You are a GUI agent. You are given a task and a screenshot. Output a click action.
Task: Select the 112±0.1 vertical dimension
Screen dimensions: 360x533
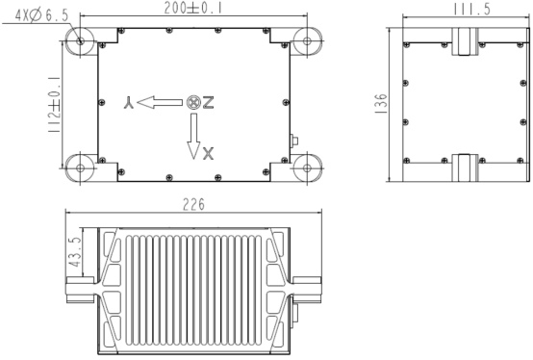(55, 103)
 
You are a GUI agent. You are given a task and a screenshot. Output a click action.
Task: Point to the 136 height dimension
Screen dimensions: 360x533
(381, 103)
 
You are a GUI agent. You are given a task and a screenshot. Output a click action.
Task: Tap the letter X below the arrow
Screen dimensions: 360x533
(210, 151)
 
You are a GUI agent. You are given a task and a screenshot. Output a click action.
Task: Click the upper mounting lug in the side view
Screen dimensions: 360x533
(461, 41)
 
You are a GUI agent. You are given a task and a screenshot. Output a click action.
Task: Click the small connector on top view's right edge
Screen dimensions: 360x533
(294, 142)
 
